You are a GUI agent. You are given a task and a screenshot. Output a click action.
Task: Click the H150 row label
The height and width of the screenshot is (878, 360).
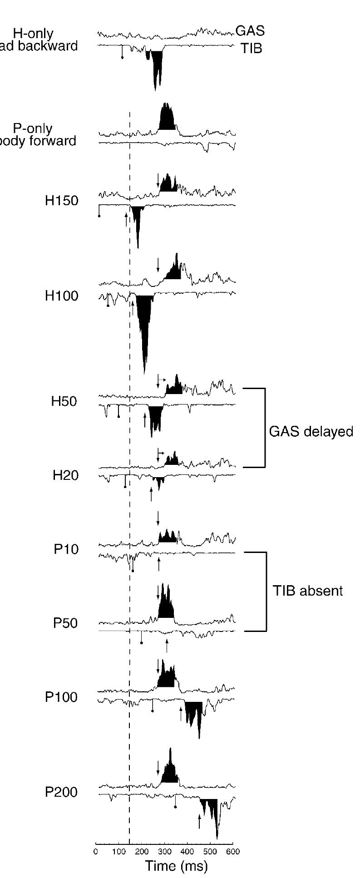[x=62, y=201]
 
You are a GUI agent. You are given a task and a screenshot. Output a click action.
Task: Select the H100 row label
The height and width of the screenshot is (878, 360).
[x=62, y=296]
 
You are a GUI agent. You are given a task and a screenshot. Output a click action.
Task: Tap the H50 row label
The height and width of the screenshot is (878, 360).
[x=64, y=401]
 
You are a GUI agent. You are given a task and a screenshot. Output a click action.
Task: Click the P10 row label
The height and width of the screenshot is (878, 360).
[x=66, y=549]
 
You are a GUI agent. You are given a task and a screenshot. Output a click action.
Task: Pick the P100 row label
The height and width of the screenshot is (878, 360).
[x=62, y=697]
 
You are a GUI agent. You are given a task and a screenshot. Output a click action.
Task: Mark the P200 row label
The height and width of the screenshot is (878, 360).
[x=62, y=792]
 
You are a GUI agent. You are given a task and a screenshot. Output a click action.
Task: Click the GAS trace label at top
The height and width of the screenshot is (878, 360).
[x=250, y=31]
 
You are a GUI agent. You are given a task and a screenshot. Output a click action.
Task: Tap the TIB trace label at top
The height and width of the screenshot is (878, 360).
[x=252, y=48]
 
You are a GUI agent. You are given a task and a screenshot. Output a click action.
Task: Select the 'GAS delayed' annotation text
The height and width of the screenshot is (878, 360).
[x=311, y=431]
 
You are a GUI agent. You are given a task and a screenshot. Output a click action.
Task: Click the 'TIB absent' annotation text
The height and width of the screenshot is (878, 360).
[x=308, y=591]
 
